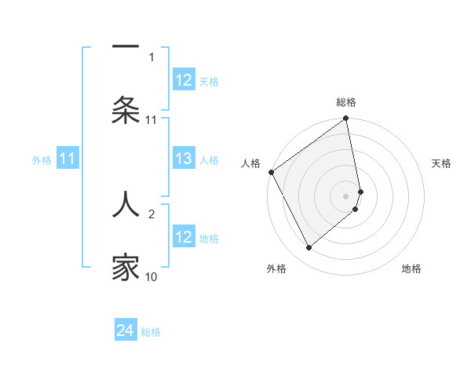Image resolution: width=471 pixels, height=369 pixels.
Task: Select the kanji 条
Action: pos(126,111)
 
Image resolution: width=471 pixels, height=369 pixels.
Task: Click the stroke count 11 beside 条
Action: pos(152,119)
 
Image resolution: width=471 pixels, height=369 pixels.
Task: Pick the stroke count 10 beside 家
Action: pos(152,276)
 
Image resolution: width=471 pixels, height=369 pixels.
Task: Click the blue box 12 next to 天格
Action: pos(184,80)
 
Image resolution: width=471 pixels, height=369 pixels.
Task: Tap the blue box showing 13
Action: pos(184,159)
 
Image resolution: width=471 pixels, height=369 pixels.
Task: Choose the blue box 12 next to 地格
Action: pos(184,237)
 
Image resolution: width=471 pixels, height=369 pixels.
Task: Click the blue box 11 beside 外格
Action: pos(68,159)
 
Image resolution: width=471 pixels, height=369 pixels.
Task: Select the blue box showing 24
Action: pos(126,331)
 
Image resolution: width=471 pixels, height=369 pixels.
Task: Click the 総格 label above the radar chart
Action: pos(346,102)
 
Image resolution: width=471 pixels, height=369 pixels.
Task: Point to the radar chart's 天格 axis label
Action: pos(442,163)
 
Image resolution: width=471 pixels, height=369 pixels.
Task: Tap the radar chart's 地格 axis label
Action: pos(411,269)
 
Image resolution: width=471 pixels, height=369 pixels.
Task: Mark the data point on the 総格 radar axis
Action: pos(346,119)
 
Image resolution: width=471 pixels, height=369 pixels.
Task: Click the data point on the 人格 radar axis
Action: pos(272,172)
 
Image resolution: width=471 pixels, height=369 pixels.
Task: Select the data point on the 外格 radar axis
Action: pos(309,248)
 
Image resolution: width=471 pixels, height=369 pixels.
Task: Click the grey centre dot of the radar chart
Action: pos(346,195)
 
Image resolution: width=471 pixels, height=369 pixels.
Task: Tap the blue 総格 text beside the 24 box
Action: pos(151,332)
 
